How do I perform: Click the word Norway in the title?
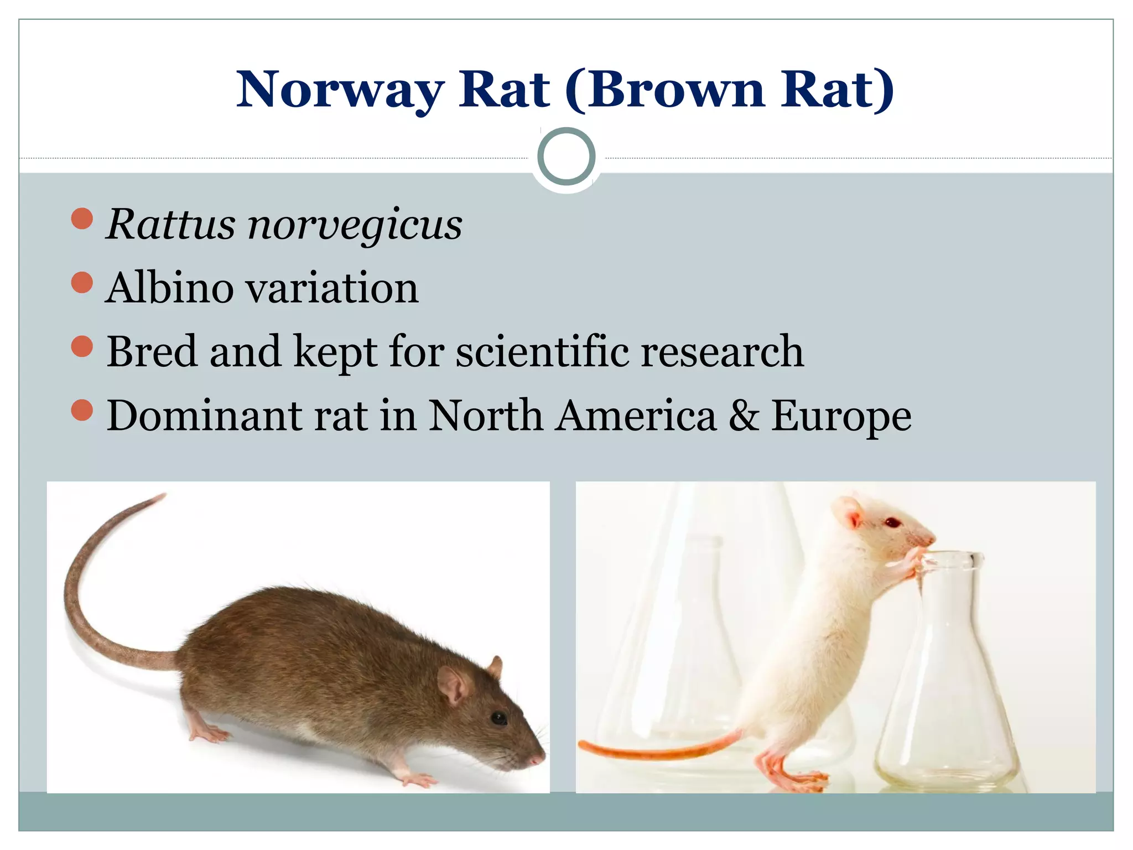[x=340, y=90]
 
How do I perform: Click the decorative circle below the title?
[x=566, y=157]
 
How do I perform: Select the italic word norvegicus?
[x=355, y=225]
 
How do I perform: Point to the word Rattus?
[x=171, y=225]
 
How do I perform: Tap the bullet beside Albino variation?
[x=82, y=282]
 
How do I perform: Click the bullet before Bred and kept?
[x=82, y=346]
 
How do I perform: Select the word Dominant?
[x=204, y=416]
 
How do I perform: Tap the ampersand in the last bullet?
[x=744, y=416]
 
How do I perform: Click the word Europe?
[x=841, y=417]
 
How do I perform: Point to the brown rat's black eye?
[x=498, y=718]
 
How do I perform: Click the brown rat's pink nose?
[x=537, y=759]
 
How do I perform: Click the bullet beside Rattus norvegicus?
[x=82, y=219]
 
